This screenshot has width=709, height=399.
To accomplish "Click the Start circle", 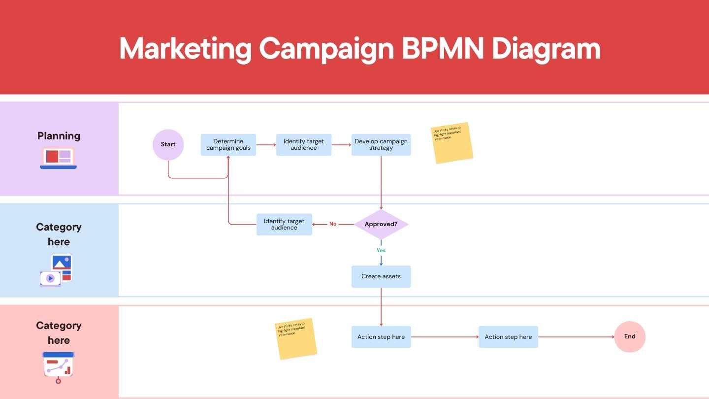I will (168, 145).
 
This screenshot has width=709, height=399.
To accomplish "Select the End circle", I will (630, 337).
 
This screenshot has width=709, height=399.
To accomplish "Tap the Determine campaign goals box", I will (228, 145).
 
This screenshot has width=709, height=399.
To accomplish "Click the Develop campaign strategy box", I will (381, 145).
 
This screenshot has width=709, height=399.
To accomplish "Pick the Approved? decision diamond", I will (381, 224).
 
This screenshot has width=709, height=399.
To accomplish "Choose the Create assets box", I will (381, 277).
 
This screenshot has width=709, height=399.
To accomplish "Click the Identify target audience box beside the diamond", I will (284, 225).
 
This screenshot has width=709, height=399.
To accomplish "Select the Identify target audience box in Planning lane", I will (304, 145).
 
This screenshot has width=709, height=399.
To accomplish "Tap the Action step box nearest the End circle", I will (508, 337).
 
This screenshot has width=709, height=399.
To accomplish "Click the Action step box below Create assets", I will (381, 337).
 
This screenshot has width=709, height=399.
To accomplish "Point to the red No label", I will (333, 224).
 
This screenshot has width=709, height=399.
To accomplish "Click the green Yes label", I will (381, 251).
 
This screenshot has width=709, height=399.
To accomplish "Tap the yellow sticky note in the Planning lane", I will (452, 143).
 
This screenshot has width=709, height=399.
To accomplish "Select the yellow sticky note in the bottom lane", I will (295, 338).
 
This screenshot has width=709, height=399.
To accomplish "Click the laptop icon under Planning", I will (59, 158).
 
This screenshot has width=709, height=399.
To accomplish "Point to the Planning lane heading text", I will (59, 136).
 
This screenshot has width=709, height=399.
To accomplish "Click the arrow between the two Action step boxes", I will (445, 337).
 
